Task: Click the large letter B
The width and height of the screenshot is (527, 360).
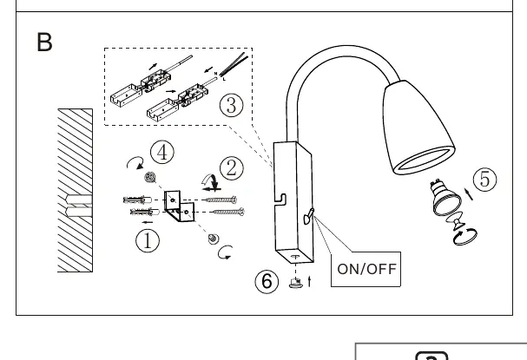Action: click(44, 42)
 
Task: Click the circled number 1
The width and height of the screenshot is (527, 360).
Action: click(148, 241)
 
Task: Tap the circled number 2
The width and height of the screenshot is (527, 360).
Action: click(232, 168)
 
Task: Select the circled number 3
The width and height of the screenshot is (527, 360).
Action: click(232, 105)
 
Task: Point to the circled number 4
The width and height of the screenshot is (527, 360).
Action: click(162, 152)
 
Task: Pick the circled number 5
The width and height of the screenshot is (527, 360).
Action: click(485, 179)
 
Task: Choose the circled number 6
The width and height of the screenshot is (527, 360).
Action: click(267, 281)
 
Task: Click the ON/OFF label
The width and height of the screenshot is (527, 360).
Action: click(366, 269)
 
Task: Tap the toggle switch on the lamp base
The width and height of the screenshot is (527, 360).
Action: click(308, 216)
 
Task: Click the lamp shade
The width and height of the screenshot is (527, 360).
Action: click(418, 126)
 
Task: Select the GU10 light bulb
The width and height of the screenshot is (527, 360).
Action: click(445, 197)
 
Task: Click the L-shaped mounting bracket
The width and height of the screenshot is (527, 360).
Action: click(179, 206)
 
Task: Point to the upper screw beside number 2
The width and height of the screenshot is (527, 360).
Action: click(221, 200)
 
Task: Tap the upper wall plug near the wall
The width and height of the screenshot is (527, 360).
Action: click(137, 200)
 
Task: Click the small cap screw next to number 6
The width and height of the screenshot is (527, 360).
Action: click(296, 283)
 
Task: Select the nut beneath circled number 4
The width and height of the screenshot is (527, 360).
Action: click(150, 177)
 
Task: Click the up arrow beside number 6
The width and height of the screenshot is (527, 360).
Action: click(310, 281)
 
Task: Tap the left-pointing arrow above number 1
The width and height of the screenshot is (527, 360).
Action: click(148, 222)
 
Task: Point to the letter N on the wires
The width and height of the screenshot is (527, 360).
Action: click(216, 74)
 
